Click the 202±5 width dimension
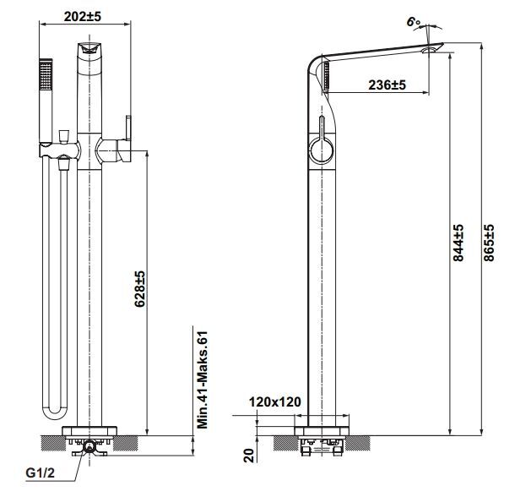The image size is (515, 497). tap(83, 16)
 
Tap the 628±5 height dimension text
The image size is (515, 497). tap(139, 289)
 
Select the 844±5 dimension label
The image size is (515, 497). tap(458, 243)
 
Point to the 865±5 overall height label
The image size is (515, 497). tap(489, 243)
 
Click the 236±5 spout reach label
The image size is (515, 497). tap(387, 85)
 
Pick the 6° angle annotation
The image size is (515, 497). tap(413, 22)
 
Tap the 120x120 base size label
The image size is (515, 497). tap(275, 401)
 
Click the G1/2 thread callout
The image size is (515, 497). tap(41, 473)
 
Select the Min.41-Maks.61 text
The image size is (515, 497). tap(203, 380)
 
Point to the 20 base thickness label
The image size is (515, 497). tap(249, 456)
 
